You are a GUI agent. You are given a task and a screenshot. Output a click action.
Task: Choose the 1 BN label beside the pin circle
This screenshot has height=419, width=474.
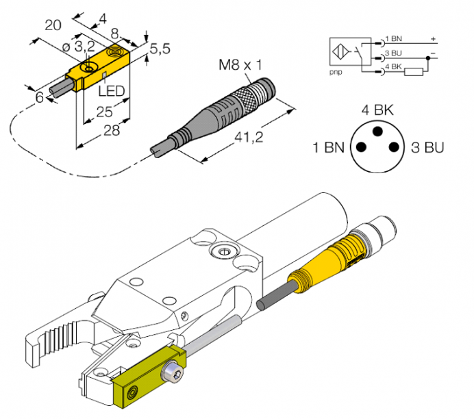(x=328, y=147)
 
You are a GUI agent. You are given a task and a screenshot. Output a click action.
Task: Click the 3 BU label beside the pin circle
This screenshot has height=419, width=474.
(x=428, y=147)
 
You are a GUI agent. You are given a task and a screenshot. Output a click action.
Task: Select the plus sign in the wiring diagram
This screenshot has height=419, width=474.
(x=432, y=39)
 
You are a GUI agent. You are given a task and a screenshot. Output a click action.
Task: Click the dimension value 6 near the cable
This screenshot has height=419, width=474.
(x=39, y=97)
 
